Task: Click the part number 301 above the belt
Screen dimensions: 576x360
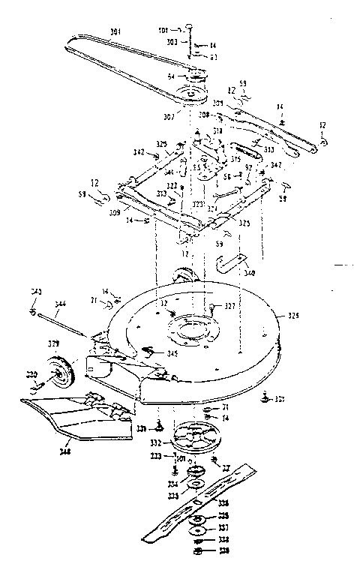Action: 115,31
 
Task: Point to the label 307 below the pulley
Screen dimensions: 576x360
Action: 170,116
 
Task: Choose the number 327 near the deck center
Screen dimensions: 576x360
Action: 229,306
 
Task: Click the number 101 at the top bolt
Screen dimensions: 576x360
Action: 164,29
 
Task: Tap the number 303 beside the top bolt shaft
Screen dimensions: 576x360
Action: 172,43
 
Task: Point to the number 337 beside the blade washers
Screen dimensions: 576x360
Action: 223,528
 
